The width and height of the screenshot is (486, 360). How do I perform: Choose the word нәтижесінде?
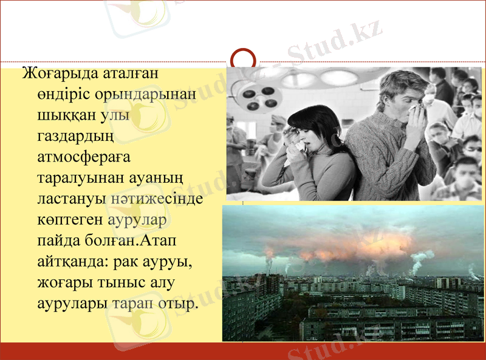click(157, 198)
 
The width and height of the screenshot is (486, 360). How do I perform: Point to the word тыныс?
click(128, 282)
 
